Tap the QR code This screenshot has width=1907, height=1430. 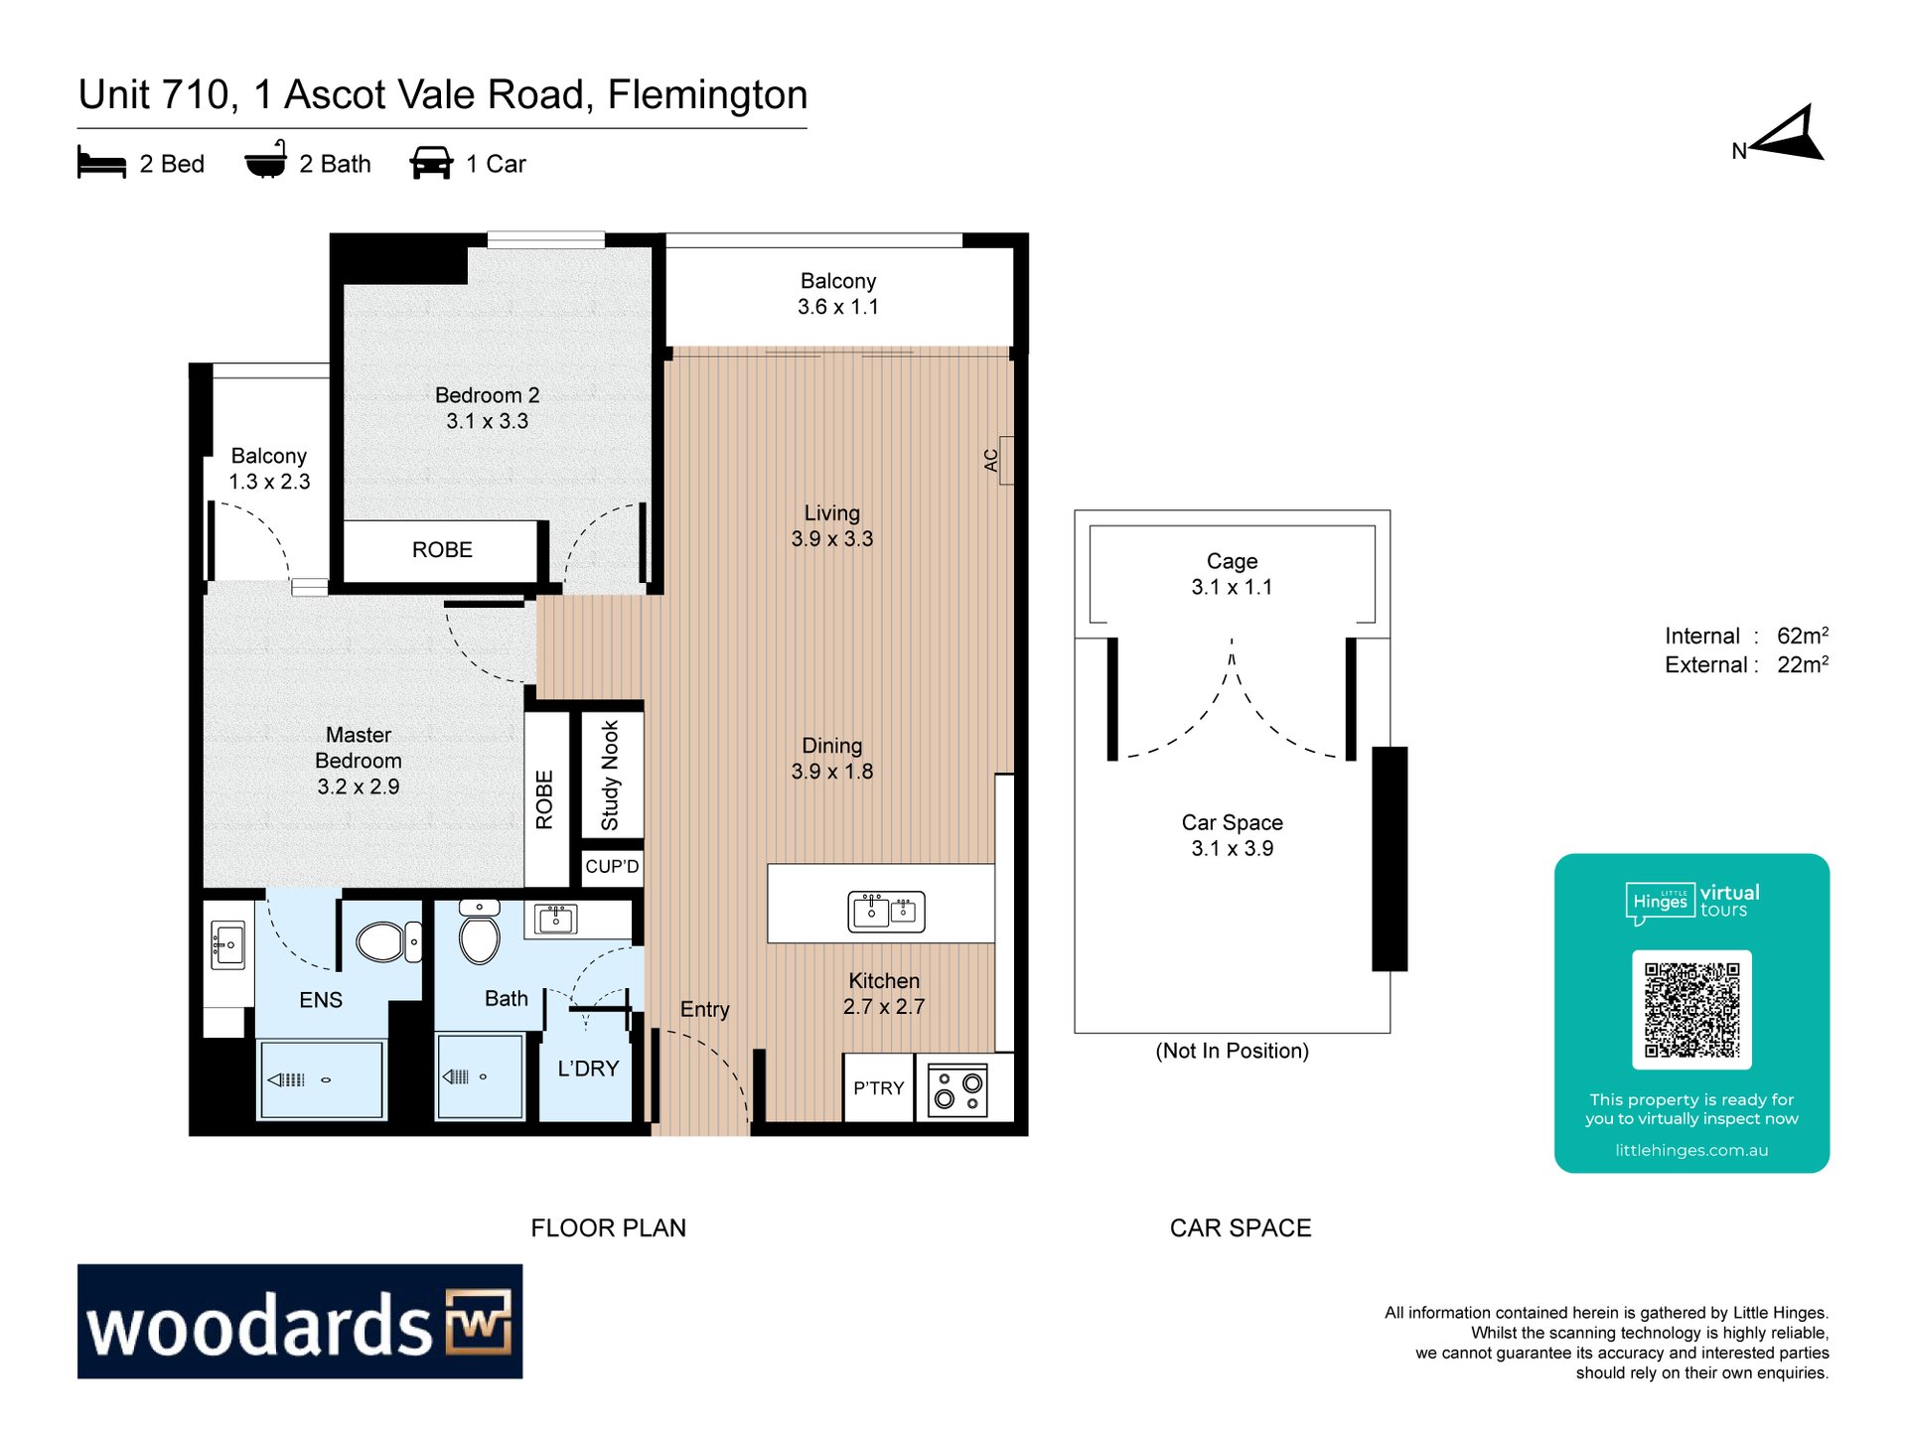(x=1691, y=1009)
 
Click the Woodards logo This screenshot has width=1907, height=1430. (x=300, y=1321)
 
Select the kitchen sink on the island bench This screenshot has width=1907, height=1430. (x=886, y=911)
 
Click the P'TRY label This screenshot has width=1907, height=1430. (x=879, y=1088)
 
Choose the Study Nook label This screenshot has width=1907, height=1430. (x=610, y=776)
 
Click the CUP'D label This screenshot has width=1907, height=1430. (x=612, y=866)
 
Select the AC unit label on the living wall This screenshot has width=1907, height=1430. (x=990, y=461)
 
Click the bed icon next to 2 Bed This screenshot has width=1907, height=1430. (x=101, y=163)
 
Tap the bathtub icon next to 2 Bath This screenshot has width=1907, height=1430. (x=266, y=160)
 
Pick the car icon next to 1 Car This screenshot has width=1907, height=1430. (x=431, y=163)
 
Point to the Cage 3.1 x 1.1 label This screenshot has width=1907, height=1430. (x=1232, y=574)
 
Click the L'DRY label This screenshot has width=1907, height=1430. (x=588, y=1069)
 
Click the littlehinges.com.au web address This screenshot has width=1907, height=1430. (x=1691, y=1150)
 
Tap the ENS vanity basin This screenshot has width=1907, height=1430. (x=227, y=944)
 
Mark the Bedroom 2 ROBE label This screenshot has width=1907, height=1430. (x=442, y=550)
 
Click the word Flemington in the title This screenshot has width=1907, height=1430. (x=707, y=95)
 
